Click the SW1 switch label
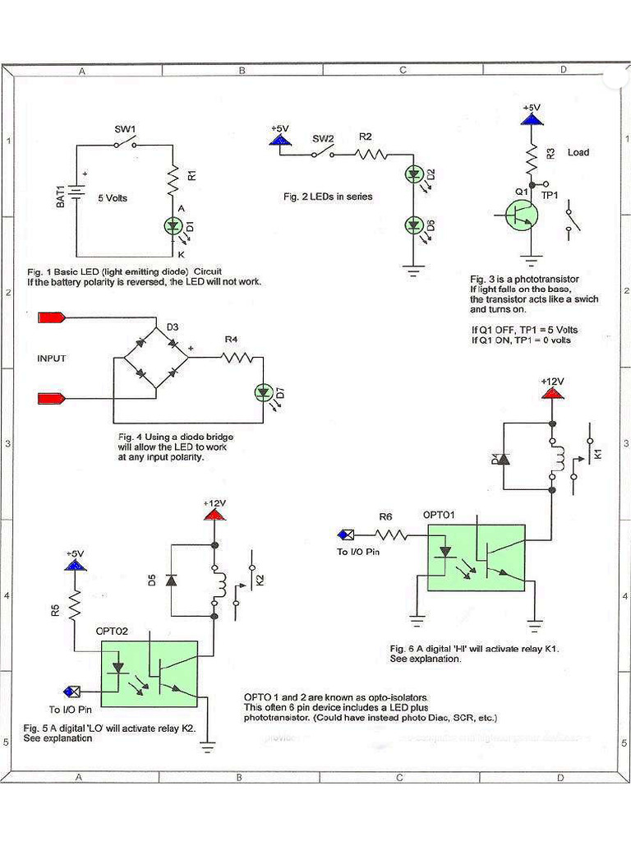pyautogui.click(x=124, y=129)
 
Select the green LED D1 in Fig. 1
pyautogui.click(x=173, y=224)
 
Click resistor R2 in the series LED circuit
pyautogui.click(x=371, y=153)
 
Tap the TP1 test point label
pyautogui.click(x=550, y=196)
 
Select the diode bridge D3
pyautogui.click(x=156, y=359)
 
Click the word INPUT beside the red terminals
pyautogui.click(x=51, y=359)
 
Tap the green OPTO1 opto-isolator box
pyautogui.click(x=476, y=557)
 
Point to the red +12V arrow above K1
pyautogui.click(x=551, y=394)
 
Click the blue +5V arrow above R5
pyautogui.click(x=75, y=565)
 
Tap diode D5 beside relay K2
pyautogui.click(x=171, y=580)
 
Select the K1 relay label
pyautogui.click(x=597, y=453)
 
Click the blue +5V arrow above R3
pyautogui.click(x=532, y=119)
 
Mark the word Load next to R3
pyautogui.click(x=578, y=152)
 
